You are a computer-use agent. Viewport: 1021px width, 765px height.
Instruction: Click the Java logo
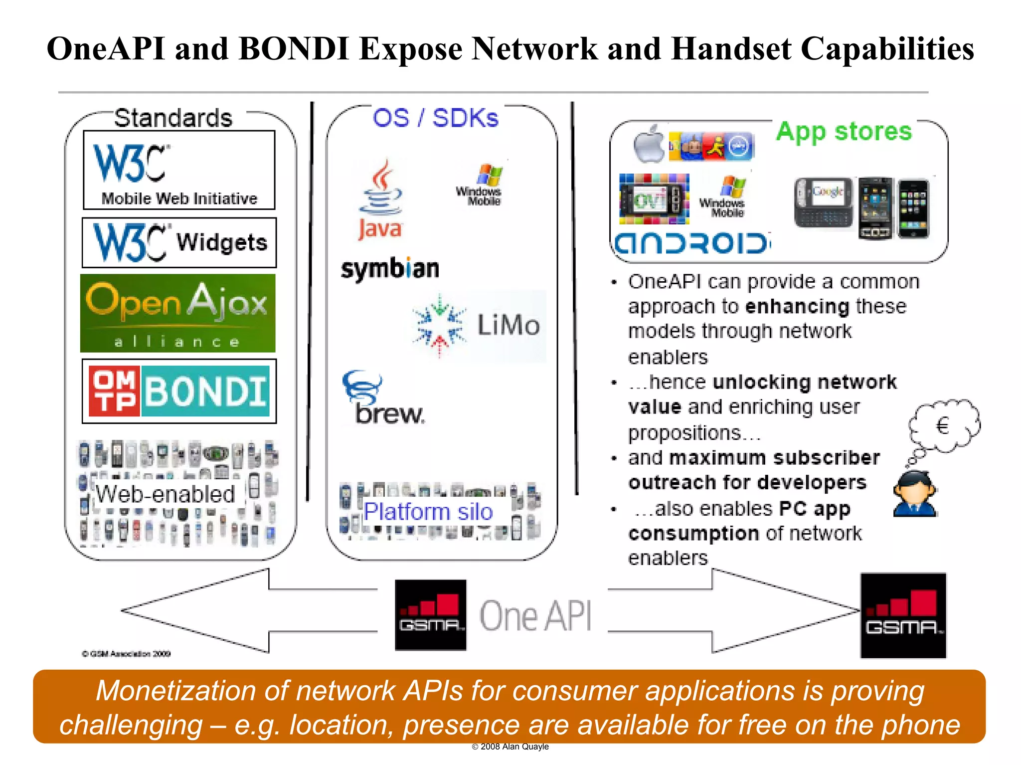point(380,199)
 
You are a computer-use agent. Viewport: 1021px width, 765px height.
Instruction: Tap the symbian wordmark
point(390,269)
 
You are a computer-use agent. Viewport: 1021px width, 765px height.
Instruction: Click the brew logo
point(383,398)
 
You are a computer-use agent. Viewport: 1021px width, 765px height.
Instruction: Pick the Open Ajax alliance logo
point(178,313)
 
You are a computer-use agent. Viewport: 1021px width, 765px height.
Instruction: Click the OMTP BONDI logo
point(179,391)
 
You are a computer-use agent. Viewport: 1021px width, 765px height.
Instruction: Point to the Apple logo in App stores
point(649,145)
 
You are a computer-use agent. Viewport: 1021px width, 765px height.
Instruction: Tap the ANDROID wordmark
point(692,244)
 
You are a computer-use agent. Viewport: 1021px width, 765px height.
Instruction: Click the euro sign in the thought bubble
point(943,426)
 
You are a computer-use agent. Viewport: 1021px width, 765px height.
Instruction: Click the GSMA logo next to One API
point(431,614)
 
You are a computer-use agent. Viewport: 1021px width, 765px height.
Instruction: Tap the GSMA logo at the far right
point(903,615)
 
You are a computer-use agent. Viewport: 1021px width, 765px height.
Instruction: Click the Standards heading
point(173,119)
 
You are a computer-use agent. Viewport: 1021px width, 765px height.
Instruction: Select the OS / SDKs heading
point(435,118)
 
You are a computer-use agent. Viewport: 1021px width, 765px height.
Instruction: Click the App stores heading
point(844,132)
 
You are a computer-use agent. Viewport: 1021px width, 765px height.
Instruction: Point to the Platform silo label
point(428,512)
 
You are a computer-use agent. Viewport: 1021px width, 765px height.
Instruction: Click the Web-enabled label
point(166,494)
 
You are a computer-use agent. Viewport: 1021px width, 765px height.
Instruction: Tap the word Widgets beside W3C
point(222,242)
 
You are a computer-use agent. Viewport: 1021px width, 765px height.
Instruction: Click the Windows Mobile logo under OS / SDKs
point(480,185)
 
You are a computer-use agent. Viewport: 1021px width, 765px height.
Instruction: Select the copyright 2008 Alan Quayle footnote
point(510,747)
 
